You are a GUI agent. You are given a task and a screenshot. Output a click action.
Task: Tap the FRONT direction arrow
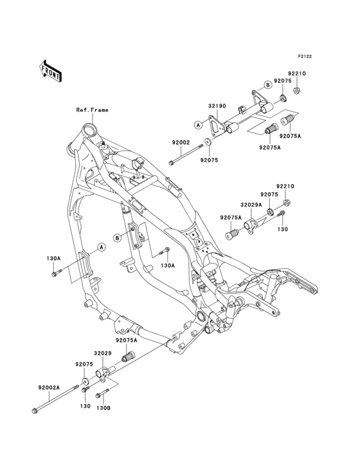tap(51, 71)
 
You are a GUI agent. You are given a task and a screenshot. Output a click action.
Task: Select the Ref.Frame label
tap(93, 110)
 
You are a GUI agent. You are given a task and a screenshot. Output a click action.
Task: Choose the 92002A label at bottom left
tap(48, 388)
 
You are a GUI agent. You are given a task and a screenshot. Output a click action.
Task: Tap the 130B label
tap(104, 407)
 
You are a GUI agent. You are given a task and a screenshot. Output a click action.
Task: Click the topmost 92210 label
tap(297, 73)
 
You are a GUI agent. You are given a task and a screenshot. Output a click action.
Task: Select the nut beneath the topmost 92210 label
tap(296, 91)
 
